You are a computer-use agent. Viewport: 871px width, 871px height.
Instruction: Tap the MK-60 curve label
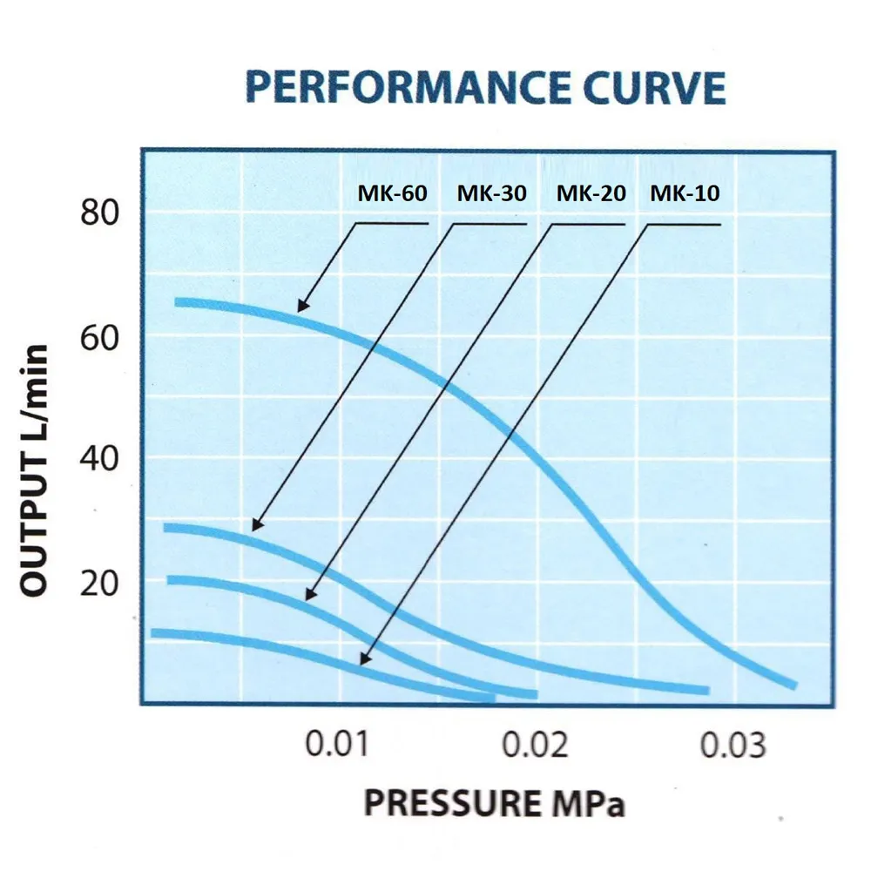pyautogui.click(x=392, y=193)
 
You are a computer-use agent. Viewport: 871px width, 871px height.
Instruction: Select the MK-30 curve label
pyautogui.click(x=491, y=193)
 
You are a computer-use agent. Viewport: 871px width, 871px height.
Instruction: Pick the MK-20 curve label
pyautogui.click(x=591, y=193)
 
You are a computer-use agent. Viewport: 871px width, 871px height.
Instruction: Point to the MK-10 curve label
pyautogui.click(x=685, y=193)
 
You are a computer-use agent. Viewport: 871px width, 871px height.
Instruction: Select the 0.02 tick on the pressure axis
pyautogui.click(x=535, y=746)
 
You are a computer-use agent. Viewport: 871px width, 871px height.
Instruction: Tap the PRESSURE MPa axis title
pyautogui.click(x=494, y=803)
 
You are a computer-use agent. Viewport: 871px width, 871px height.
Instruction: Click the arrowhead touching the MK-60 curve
pyautogui.click(x=300, y=307)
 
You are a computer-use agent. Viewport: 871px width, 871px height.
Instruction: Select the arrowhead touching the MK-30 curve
pyautogui.click(x=255, y=527)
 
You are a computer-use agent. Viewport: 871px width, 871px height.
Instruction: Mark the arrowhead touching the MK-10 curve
pyautogui.click(x=364, y=662)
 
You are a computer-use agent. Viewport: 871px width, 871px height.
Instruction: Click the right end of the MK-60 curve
pyautogui.click(x=792, y=685)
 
